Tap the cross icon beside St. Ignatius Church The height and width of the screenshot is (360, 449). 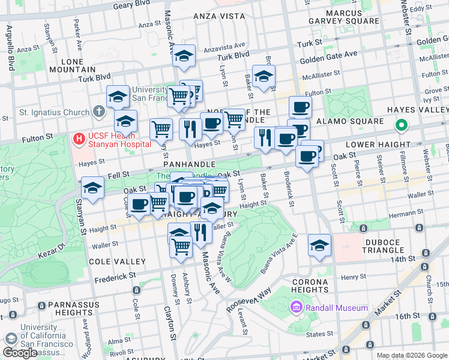click(x=100, y=112)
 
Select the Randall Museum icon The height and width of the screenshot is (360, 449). click(x=296, y=308)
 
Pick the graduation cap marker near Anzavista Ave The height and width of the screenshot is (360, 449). click(x=184, y=57)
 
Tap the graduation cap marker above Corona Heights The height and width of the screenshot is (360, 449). click(x=320, y=245)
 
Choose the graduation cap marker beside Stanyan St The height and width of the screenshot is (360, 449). click(x=92, y=188)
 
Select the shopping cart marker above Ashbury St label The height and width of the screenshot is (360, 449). click(x=181, y=246)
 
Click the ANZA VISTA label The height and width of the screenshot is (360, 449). click(x=218, y=16)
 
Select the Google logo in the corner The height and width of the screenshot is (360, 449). click(x=20, y=353)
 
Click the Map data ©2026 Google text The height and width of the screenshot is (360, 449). click(x=411, y=355)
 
